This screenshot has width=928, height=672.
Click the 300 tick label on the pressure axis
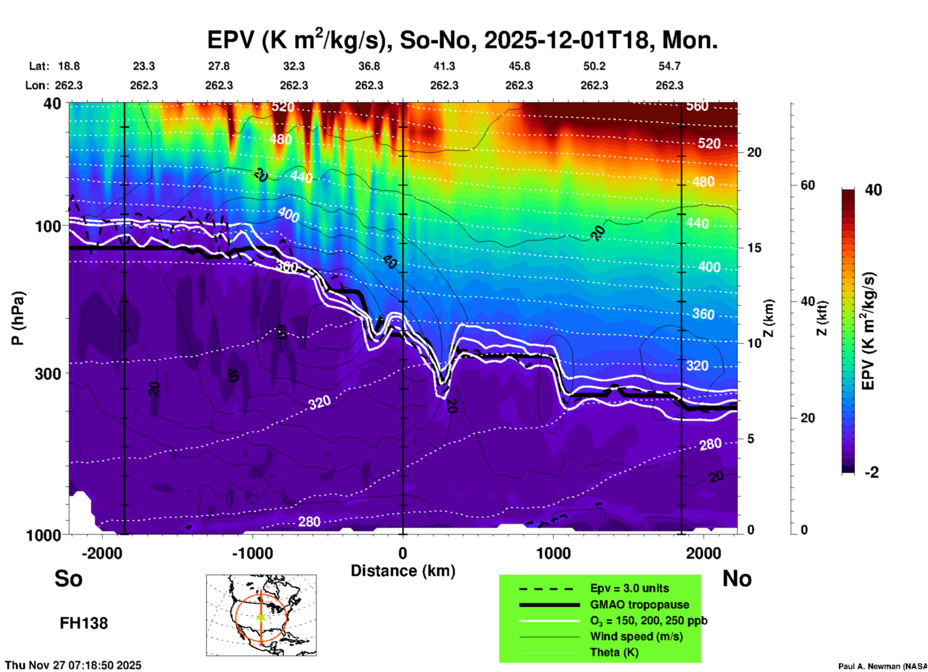pyautogui.click(x=48, y=374)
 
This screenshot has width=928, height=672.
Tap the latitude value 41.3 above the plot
pyautogui.click(x=444, y=66)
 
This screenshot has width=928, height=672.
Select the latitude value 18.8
pyautogui.click(x=69, y=66)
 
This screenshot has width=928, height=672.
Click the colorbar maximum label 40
pyautogui.click(x=873, y=190)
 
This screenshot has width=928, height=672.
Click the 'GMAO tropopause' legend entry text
pyautogui.click(x=639, y=605)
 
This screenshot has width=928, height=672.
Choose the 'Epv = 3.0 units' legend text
pyautogui.click(x=629, y=588)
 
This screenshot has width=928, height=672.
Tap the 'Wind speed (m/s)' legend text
pyautogui.click(x=636, y=636)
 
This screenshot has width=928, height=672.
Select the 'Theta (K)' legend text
pyautogui.click(x=614, y=652)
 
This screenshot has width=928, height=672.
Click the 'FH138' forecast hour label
pyautogui.click(x=84, y=623)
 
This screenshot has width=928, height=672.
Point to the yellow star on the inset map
pyautogui.click(x=261, y=617)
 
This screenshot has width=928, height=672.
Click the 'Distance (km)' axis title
pyautogui.click(x=403, y=571)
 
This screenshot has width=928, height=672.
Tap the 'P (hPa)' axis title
pyautogui.click(x=17, y=318)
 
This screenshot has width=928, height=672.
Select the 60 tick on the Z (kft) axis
pyautogui.click(x=808, y=185)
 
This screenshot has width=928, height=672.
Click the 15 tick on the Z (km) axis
pyautogui.click(x=755, y=248)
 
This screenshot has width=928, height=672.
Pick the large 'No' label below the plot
pyautogui.click(x=737, y=578)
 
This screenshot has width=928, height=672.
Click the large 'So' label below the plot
pyautogui.click(x=68, y=578)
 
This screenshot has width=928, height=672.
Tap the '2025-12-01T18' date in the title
pyautogui.click(x=567, y=40)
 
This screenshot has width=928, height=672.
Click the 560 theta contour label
pyautogui.click(x=697, y=106)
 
